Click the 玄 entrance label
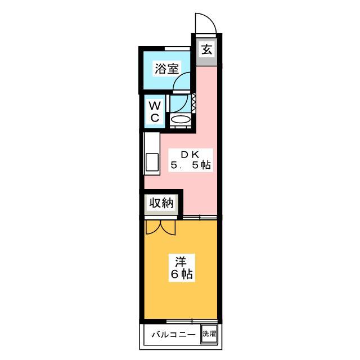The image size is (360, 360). (206, 49)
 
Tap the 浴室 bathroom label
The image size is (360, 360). (166, 69)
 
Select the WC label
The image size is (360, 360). (155, 112)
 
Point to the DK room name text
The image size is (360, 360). (190, 155)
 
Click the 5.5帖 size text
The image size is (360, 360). (190, 165)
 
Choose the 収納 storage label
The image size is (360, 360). (161, 203)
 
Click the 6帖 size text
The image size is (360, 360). (182, 274)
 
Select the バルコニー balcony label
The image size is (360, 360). (174, 334)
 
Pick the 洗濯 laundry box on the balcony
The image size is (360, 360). (209, 334)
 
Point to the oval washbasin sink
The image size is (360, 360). (181, 120)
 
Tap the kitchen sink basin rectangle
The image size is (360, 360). (152, 163)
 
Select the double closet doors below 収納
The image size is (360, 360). (160, 227)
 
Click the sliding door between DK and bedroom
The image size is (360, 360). (200, 217)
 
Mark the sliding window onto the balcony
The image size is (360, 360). (191, 321)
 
